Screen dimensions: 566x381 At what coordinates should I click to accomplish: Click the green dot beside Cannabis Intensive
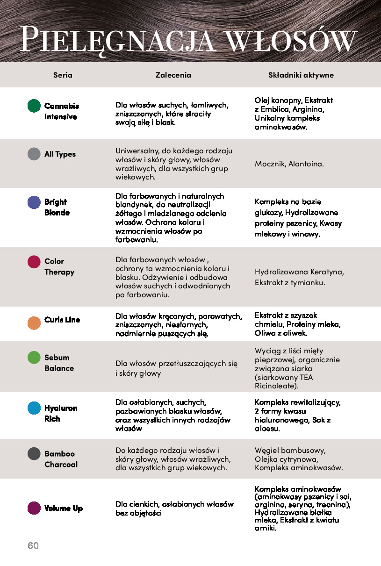(34, 106)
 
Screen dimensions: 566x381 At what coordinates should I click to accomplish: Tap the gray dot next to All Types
(34, 154)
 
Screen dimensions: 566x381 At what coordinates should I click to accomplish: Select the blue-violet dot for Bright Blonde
(34, 202)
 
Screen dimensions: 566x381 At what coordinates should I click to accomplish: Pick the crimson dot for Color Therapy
(34, 261)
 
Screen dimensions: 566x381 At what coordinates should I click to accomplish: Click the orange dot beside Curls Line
(34, 322)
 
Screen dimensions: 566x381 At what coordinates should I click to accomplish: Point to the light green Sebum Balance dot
(34, 358)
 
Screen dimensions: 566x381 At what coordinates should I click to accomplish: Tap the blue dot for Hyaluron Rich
(34, 408)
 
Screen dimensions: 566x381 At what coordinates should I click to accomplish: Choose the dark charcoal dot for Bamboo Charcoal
(34, 453)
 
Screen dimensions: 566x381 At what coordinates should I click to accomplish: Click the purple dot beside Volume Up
(34, 508)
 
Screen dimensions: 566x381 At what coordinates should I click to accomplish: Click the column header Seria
(63, 75)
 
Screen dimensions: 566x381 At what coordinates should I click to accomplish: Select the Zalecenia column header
(173, 75)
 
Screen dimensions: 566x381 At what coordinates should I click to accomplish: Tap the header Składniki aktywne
(301, 75)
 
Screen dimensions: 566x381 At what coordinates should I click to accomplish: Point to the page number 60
(33, 545)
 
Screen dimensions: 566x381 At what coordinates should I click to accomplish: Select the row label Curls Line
(62, 320)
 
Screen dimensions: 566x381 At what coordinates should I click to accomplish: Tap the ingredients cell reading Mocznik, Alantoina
(289, 164)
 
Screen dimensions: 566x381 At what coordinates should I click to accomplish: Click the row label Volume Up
(64, 508)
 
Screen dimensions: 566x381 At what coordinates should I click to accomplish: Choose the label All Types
(60, 154)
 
